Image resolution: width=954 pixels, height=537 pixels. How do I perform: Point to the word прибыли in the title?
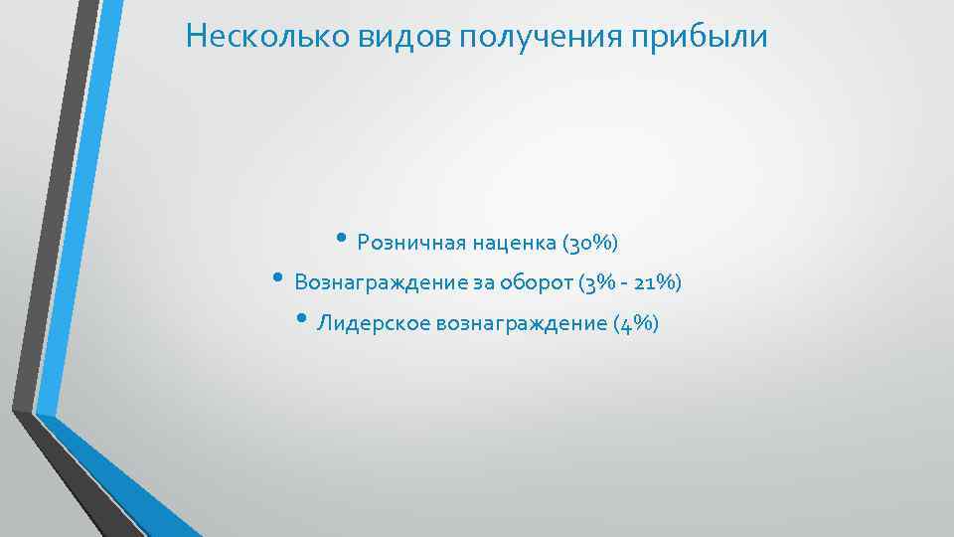(713, 38)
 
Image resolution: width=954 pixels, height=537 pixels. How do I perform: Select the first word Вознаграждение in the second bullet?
(381, 283)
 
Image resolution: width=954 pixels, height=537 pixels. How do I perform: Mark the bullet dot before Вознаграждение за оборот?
(278, 278)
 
